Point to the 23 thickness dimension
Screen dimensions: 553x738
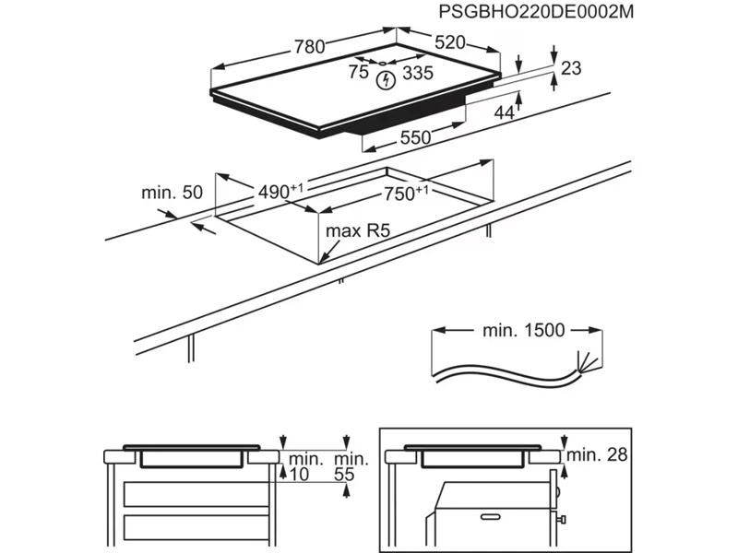[571, 67]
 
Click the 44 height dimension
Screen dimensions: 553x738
[504, 112]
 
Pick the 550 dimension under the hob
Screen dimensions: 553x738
[415, 137]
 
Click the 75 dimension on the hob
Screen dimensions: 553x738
[358, 74]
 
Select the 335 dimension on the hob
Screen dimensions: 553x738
[418, 75]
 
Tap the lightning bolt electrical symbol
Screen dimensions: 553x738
[387, 80]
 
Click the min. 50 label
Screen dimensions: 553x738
[171, 193]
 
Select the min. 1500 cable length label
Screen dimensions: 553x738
[523, 329]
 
